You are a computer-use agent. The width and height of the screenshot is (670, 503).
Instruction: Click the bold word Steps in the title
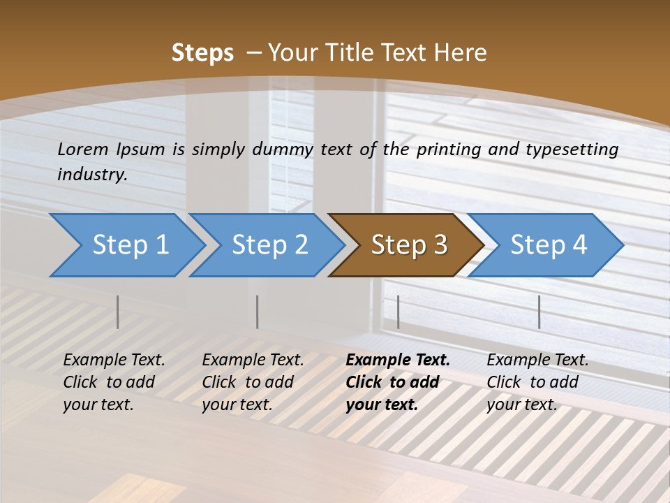coord(202,53)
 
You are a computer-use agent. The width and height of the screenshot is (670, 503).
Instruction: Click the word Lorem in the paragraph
coord(82,149)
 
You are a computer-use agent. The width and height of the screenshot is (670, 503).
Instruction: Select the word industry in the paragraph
coord(91,174)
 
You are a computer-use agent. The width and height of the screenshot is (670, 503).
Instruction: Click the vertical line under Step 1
coord(118,312)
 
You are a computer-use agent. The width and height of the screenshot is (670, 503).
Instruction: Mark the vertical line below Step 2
coord(258,312)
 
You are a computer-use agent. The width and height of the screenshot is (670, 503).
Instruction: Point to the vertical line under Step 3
coord(398,312)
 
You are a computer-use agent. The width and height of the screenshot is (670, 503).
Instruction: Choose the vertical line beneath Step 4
coord(539,312)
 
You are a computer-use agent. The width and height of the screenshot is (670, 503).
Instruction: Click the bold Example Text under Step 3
coord(398,360)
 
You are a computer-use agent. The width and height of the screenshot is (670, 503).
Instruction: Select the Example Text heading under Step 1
coord(114,360)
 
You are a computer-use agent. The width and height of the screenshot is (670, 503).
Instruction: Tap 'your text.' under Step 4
coord(521,404)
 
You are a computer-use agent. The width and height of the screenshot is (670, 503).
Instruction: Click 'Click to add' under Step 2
coord(248,382)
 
